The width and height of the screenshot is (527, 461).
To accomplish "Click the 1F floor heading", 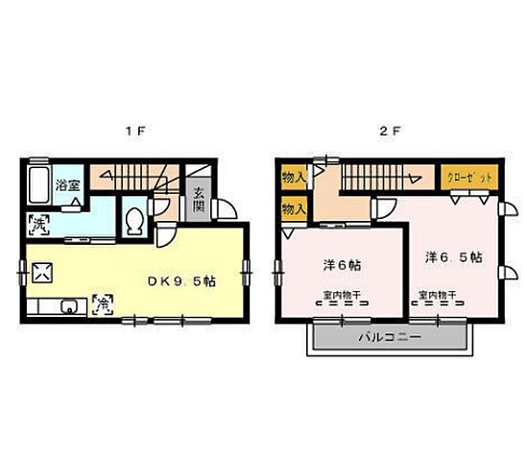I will click(136, 132).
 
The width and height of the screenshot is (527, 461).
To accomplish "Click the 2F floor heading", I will click(388, 132).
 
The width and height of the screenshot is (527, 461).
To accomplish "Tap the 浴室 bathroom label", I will click(66, 184).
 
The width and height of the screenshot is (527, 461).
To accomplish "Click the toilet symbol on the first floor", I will click(135, 221).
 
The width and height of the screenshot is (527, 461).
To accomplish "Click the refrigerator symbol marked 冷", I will click(101, 304).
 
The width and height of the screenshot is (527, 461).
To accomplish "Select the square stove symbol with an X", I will click(43, 273).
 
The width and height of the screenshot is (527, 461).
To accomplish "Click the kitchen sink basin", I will click(67, 307).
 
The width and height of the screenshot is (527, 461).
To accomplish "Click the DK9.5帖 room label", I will click(179, 281).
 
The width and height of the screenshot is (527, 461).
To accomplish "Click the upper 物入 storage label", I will click(294, 178).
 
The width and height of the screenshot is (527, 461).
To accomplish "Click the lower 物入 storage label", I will click(294, 207).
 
